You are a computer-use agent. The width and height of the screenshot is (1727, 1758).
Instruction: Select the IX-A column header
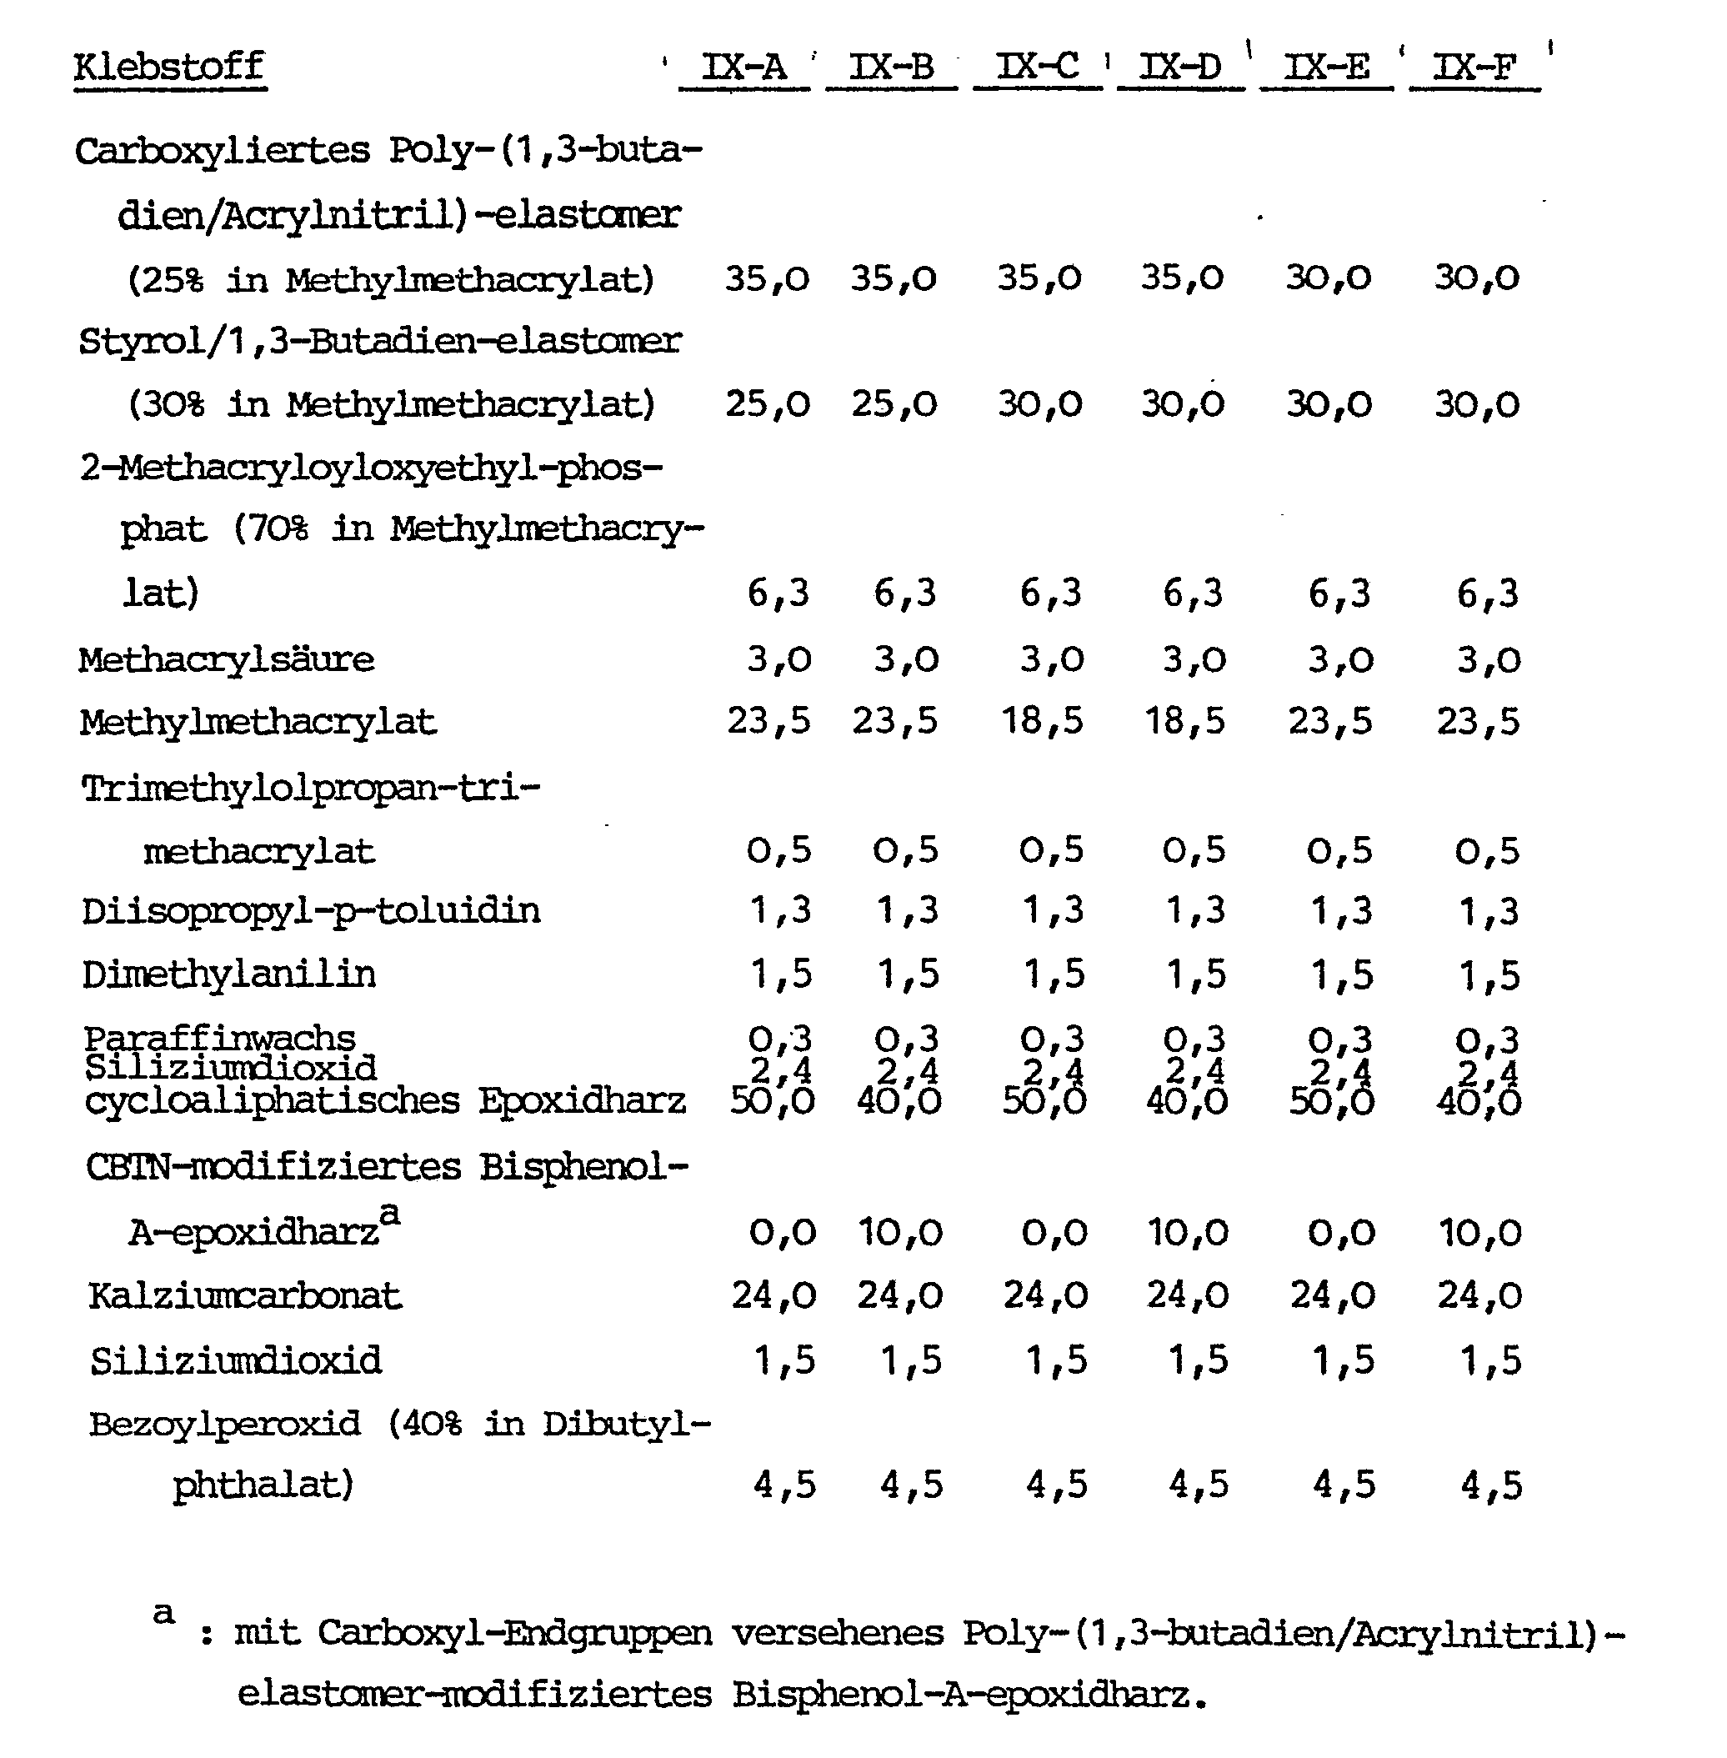(743, 68)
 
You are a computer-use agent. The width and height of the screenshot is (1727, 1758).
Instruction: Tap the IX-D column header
(1180, 68)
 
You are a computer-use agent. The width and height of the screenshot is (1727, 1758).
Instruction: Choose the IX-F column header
(1474, 68)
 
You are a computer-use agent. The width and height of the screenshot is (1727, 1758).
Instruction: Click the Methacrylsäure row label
(226, 659)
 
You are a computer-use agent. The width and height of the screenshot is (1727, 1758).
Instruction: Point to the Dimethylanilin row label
(228, 974)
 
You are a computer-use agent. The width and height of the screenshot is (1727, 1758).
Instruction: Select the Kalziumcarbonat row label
(245, 1295)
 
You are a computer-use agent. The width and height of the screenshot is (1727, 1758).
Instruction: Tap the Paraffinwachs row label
(219, 1036)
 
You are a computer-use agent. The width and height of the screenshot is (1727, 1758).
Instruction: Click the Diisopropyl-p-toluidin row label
(310, 910)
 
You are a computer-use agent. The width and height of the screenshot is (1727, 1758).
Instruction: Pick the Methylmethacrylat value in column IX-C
(1042, 721)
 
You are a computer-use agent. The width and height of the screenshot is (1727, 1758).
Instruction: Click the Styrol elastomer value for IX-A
(768, 403)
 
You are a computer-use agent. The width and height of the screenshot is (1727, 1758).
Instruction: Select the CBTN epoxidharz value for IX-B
(900, 1233)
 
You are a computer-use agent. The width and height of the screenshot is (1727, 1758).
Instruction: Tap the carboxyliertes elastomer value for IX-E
(1328, 278)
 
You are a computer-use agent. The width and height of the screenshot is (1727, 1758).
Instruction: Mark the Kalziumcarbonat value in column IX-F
(1479, 1295)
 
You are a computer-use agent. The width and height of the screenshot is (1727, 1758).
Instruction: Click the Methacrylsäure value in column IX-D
(1194, 659)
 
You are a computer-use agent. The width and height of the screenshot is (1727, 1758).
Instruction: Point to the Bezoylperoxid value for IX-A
(784, 1485)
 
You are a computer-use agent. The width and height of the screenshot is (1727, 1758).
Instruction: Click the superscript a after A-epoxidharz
(389, 1212)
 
